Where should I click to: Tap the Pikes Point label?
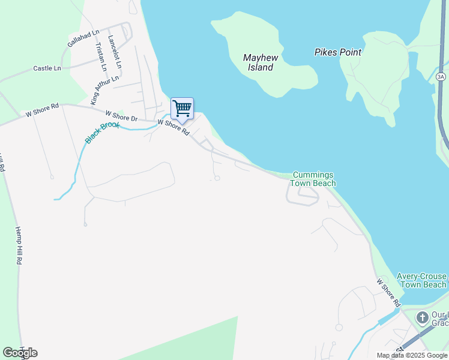pyautogui.click(x=338, y=52)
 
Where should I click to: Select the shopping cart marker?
pyautogui.click(x=182, y=109)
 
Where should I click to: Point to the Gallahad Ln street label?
pyautogui.click(x=83, y=38)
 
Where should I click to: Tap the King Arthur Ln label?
pyautogui.click(x=104, y=90)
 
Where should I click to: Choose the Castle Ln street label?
pyautogui.click(x=47, y=68)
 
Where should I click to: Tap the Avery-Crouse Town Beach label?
pyautogui.click(x=421, y=280)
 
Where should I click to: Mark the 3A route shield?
pyautogui.click(x=441, y=77)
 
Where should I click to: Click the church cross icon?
pyautogui.click(x=422, y=317)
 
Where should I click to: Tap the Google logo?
pyautogui.click(x=20, y=352)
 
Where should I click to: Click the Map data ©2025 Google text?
pyautogui.click(x=412, y=355)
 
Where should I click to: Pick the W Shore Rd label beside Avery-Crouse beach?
pyautogui.click(x=387, y=290)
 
